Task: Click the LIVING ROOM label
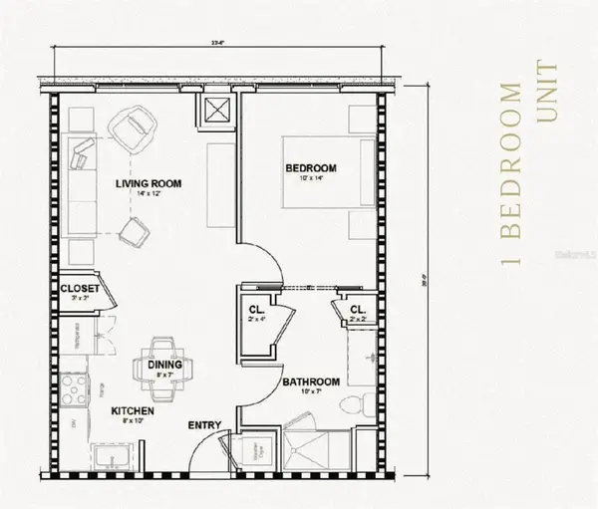pyautogui.click(x=146, y=183)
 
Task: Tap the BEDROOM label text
pyautogui.click(x=311, y=168)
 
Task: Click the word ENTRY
pyautogui.click(x=203, y=426)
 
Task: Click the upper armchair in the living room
pyautogui.click(x=135, y=128)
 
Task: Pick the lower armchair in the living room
pyautogui.click(x=132, y=235)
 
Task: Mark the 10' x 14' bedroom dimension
pyautogui.click(x=310, y=180)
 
